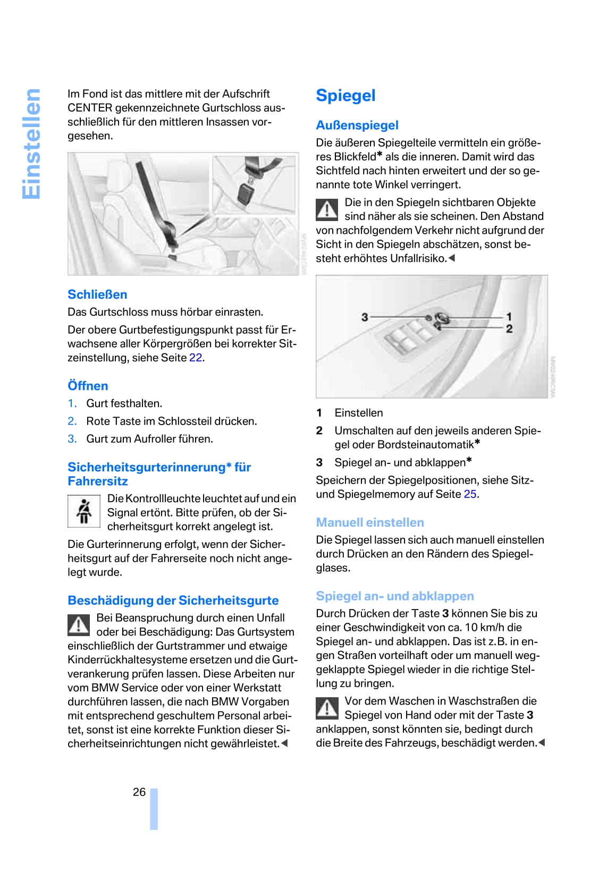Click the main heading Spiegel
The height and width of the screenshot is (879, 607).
pos(345,96)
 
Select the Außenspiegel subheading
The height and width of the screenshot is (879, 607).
pos(357,125)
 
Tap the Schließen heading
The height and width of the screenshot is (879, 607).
pos(97,294)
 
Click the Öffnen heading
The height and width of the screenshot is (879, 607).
pos(88,386)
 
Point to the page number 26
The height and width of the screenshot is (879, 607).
pos(139,792)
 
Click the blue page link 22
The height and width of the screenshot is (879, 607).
pos(196,358)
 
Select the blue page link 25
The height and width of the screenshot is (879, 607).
pos(470,494)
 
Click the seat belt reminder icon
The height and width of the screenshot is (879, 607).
pos(83,511)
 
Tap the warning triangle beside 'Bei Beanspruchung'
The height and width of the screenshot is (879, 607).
pos(79,625)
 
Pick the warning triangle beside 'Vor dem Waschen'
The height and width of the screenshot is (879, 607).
pos(327,708)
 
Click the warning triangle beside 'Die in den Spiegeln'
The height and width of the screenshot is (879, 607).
pos(327,209)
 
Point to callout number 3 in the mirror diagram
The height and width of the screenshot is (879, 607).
pos(365,317)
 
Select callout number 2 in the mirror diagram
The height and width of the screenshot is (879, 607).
pos(509,329)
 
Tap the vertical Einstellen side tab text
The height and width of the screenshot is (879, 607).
pos(32,144)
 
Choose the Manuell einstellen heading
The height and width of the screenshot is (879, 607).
pos(370,522)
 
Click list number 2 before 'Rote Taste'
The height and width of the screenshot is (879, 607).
pos(72,421)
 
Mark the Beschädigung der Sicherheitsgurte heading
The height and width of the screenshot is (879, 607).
pos(173,601)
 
